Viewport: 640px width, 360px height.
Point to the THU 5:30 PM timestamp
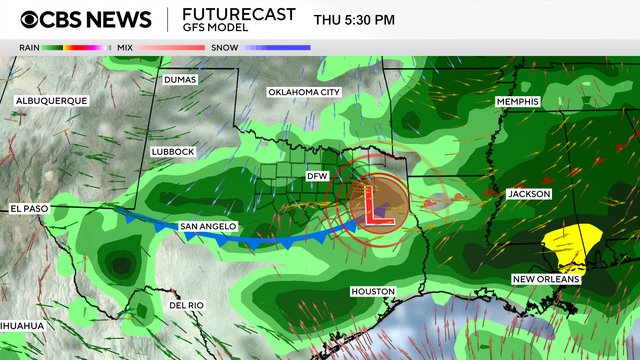click(x=354, y=19)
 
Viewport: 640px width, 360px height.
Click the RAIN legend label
click(x=28, y=47)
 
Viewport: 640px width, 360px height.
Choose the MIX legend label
click(x=124, y=47)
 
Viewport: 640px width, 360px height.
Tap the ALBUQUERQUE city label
click(x=51, y=100)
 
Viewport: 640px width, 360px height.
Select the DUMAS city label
click(x=181, y=79)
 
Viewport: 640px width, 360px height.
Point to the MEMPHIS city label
click(x=518, y=102)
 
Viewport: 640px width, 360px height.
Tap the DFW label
click(x=317, y=176)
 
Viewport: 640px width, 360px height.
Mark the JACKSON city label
click(x=529, y=193)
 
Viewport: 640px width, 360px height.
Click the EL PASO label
click(x=30, y=209)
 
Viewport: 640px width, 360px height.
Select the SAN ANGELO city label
click(x=208, y=227)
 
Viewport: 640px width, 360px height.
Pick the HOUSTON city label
click(x=372, y=291)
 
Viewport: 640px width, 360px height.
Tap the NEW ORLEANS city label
click(x=546, y=279)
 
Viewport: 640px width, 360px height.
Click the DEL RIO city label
click(x=187, y=305)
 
